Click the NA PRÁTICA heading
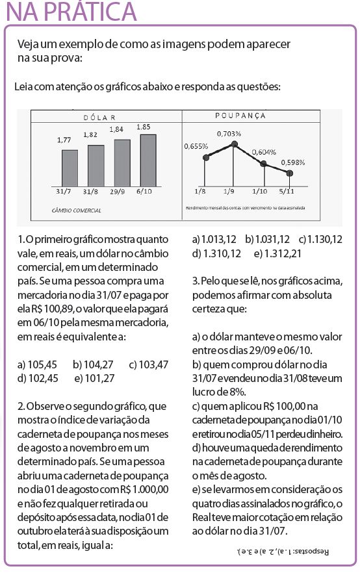click(x=69, y=11)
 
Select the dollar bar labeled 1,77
click(x=70, y=168)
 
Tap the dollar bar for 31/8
click(x=96, y=165)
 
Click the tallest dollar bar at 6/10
click(x=148, y=160)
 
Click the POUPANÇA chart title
click(x=240, y=116)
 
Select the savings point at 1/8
click(x=205, y=157)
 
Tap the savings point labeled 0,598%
click(x=290, y=172)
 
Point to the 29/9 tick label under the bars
click(x=118, y=192)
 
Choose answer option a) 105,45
click(x=37, y=364)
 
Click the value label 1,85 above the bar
click(x=144, y=127)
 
